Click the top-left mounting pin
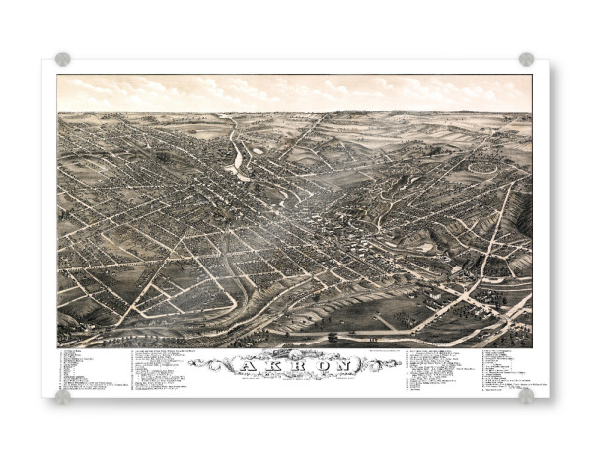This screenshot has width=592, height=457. (63, 59)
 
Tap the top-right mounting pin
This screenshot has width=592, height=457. (526, 59)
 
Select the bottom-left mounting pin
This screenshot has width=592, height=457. (63, 396)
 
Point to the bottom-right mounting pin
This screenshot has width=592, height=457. (526, 395)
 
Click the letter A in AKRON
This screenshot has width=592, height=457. (240, 365)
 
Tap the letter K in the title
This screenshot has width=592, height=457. (266, 365)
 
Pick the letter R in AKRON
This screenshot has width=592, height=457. (292, 365)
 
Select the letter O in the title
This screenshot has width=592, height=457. (318, 365)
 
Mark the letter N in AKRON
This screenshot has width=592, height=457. (344, 365)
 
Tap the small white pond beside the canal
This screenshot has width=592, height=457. (258, 150)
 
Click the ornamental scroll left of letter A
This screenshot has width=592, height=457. (211, 365)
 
